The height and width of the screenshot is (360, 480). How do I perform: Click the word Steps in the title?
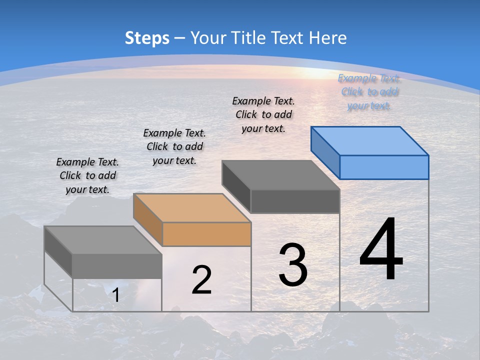pyautogui.click(x=147, y=38)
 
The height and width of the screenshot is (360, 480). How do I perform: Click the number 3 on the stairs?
pyautogui.click(x=293, y=265)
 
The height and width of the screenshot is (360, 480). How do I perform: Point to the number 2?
pyautogui.click(x=201, y=280)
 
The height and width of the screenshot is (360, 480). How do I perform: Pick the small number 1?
pyautogui.click(x=115, y=295)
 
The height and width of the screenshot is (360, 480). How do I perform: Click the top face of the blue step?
pyautogui.click(x=370, y=140)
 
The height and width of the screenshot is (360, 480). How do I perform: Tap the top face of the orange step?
pyautogui.click(x=192, y=207)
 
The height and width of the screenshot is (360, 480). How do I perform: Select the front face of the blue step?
pyautogui.click(x=384, y=167)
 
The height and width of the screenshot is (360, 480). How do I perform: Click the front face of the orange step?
pyautogui.click(x=206, y=234)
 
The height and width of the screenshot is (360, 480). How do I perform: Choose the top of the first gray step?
pyautogui.click(x=102, y=240)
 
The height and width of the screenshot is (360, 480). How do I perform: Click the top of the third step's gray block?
pyautogui.click(x=281, y=175)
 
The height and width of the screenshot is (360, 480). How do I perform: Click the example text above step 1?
pyautogui.click(x=87, y=175)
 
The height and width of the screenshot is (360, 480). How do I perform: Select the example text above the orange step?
pyautogui.click(x=174, y=146)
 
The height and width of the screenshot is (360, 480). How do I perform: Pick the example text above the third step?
pyautogui.click(x=263, y=114)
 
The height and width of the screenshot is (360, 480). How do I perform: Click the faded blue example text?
pyautogui.click(x=369, y=92)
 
